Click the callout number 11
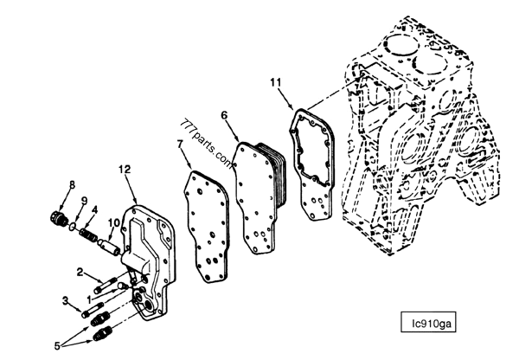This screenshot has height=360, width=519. [275, 82]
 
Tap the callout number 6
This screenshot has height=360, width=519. [224, 115]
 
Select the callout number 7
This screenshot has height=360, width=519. [180, 144]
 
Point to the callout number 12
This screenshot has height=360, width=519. [125, 170]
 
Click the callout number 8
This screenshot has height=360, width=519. [72, 184]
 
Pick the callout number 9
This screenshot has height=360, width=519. [84, 201]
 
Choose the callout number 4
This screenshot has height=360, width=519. [94, 209]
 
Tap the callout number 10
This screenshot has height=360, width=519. [114, 223]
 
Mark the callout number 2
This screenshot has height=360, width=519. [80, 272]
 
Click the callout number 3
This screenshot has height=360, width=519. [66, 300]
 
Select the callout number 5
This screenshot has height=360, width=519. [57, 346]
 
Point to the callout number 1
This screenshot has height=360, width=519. [89, 299]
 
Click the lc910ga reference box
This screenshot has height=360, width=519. [428, 322]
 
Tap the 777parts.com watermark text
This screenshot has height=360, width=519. [207, 145]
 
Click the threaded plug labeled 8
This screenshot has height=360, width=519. [60, 217]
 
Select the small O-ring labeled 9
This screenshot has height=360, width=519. [73, 227]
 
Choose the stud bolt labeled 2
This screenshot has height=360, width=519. [106, 286]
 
